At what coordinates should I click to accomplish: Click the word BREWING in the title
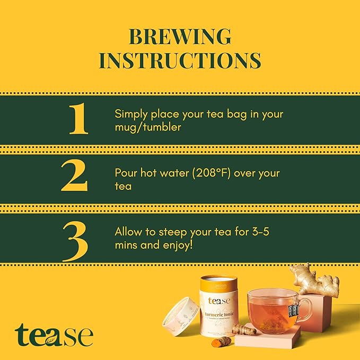[180, 37]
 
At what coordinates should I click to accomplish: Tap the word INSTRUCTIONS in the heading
[180, 60]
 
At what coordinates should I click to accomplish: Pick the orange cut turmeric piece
[224, 340]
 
